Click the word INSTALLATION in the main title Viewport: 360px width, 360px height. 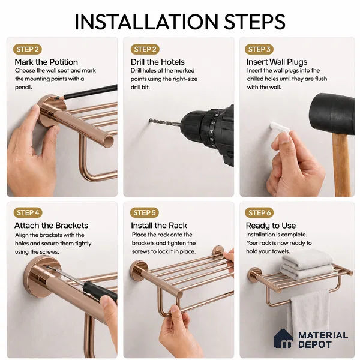pyautogui.click(x=146, y=22)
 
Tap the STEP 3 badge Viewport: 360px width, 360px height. pyautogui.click(x=259, y=49)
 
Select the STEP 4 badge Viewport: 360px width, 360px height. pyautogui.click(x=28, y=213)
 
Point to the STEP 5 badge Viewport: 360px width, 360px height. pyautogui.click(x=145, y=213)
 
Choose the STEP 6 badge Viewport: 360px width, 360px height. pyautogui.click(x=259, y=213)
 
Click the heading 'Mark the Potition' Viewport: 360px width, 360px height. pyautogui.click(x=46, y=62)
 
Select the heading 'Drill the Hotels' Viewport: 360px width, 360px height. pyautogui.click(x=157, y=62)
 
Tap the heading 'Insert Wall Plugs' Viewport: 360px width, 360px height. pyautogui.click(x=277, y=62)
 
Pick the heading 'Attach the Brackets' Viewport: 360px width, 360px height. pyautogui.click(x=51, y=226)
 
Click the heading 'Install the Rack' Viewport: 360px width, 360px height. pyautogui.click(x=159, y=226)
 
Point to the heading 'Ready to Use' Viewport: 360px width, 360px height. pyautogui.click(x=271, y=226)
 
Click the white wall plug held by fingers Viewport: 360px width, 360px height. pyautogui.click(x=279, y=127)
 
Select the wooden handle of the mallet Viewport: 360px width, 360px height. pyautogui.click(x=341, y=164)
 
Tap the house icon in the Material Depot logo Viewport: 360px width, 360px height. pyautogui.click(x=283, y=338)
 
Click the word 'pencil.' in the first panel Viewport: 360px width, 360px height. pyautogui.click(x=23, y=88)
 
